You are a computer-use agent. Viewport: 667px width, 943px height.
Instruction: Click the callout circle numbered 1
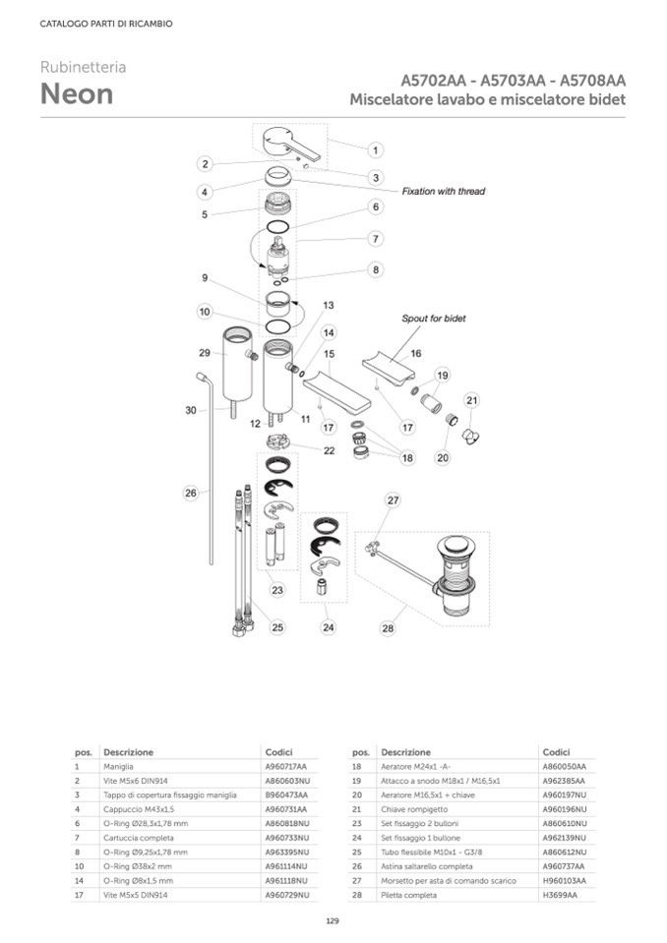(x=376, y=150)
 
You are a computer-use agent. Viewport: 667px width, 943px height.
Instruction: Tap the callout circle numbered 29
(x=205, y=352)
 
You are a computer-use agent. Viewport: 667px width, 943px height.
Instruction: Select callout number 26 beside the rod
(x=191, y=493)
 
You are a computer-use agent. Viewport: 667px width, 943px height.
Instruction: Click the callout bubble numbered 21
(x=472, y=400)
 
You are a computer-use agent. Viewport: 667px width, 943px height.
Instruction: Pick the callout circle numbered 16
(x=416, y=353)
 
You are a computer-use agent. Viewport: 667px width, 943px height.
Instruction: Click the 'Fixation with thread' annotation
(x=443, y=191)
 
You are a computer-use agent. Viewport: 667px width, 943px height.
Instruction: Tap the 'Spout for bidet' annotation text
(x=433, y=319)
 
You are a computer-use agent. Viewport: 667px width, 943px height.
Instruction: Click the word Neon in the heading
(x=76, y=94)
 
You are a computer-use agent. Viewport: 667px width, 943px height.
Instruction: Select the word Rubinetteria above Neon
(x=83, y=67)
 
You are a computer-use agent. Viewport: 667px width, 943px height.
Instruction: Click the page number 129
(x=333, y=920)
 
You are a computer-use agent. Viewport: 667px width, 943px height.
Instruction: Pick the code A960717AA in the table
(x=286, y=765)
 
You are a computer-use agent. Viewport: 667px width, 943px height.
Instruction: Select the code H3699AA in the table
(x=559, y=895)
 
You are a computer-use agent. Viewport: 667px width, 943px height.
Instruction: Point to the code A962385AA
(x=564, y=780)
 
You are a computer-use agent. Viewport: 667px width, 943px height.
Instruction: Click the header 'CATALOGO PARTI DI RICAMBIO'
(x=106, y=24)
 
